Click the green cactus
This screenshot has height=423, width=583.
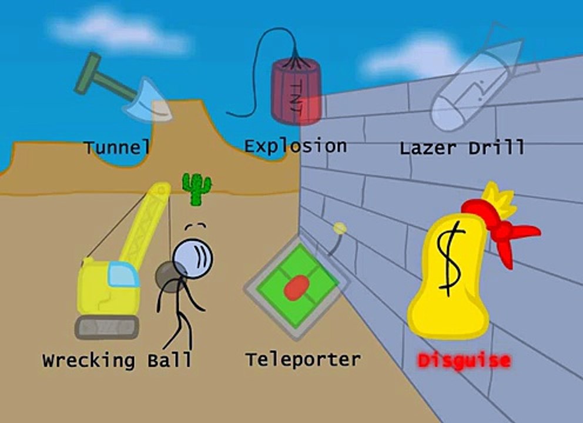click(x=196, y=189)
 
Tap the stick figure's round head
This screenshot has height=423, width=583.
click(x=193, y=258)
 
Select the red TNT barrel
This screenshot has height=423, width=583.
click(x=296, y=92)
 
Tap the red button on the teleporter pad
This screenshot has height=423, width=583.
click(x=297, y=288)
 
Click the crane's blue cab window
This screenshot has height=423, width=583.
click(x=123, y=274)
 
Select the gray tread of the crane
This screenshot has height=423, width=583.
click(x=107, y=327)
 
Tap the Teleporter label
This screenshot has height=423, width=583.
click(x=303, y=360)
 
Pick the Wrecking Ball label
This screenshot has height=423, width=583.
click(x=117, y=360)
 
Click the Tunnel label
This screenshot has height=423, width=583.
click(x=117, y=147)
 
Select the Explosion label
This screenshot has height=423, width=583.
click(x=296, y=146)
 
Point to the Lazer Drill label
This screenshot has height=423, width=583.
click(x=462, y=147)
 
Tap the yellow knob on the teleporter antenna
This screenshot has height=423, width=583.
click(x=340, y=228)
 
